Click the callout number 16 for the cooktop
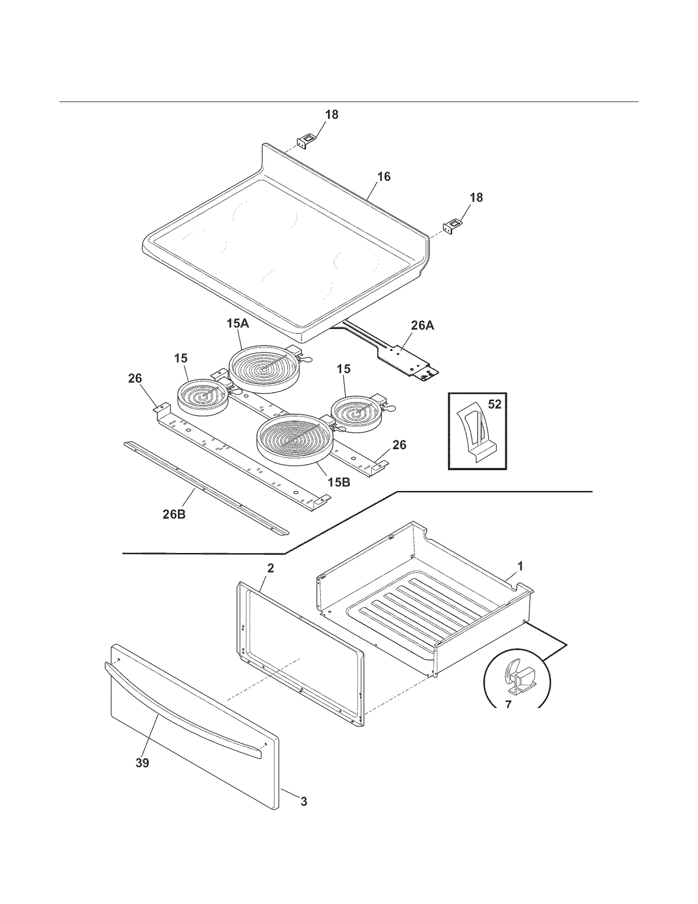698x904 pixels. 384,177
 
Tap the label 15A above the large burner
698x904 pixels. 238,323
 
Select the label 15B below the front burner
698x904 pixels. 339,482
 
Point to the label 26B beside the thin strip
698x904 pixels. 174,515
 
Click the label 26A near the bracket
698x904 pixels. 422,325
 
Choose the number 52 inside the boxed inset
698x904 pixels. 494,405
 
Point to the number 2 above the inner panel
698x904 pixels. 270,568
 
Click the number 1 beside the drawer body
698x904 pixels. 520,566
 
